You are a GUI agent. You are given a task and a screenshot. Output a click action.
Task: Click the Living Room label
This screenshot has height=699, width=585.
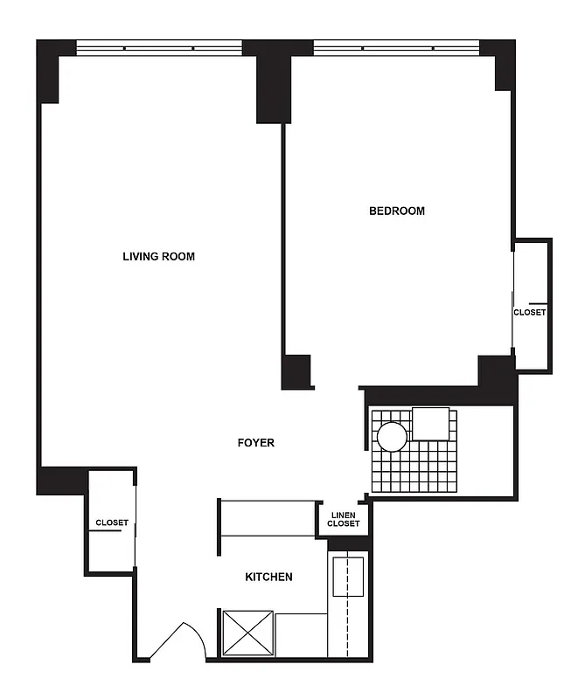tap(158, 257)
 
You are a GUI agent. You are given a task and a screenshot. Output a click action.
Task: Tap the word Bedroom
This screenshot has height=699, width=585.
tap(396, 211)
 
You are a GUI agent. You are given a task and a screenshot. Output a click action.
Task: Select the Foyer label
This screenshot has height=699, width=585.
tap(256, 443)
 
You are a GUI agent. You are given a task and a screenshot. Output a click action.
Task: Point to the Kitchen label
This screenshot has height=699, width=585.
tap(268, 577)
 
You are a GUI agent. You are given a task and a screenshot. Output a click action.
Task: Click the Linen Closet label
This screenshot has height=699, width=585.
tap(343, 519)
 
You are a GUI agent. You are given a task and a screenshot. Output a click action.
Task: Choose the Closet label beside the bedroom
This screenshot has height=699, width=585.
tap(529, 312)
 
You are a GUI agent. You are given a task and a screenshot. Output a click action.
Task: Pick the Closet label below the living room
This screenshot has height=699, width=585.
tap(112, 523)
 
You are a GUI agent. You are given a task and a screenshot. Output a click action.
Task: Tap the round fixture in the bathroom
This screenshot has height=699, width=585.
tap(391, 436)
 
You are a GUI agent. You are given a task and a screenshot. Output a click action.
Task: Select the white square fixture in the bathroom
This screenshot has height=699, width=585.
tap(431, 424)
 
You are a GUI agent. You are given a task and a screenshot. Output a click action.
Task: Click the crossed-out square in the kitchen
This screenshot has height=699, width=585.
tap(248, 633)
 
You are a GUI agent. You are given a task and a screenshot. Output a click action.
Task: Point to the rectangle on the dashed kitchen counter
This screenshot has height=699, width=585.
tap(347, 575)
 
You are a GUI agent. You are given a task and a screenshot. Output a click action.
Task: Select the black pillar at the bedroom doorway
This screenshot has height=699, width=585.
tap(296, 371)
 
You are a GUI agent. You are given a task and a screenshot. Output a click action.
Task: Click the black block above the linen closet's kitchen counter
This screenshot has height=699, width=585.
tap(348, 544)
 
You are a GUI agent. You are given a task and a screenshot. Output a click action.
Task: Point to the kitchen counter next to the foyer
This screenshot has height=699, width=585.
tap(268, 518)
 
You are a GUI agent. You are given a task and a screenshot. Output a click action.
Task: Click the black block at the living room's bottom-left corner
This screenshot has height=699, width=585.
tap(60, 480)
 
